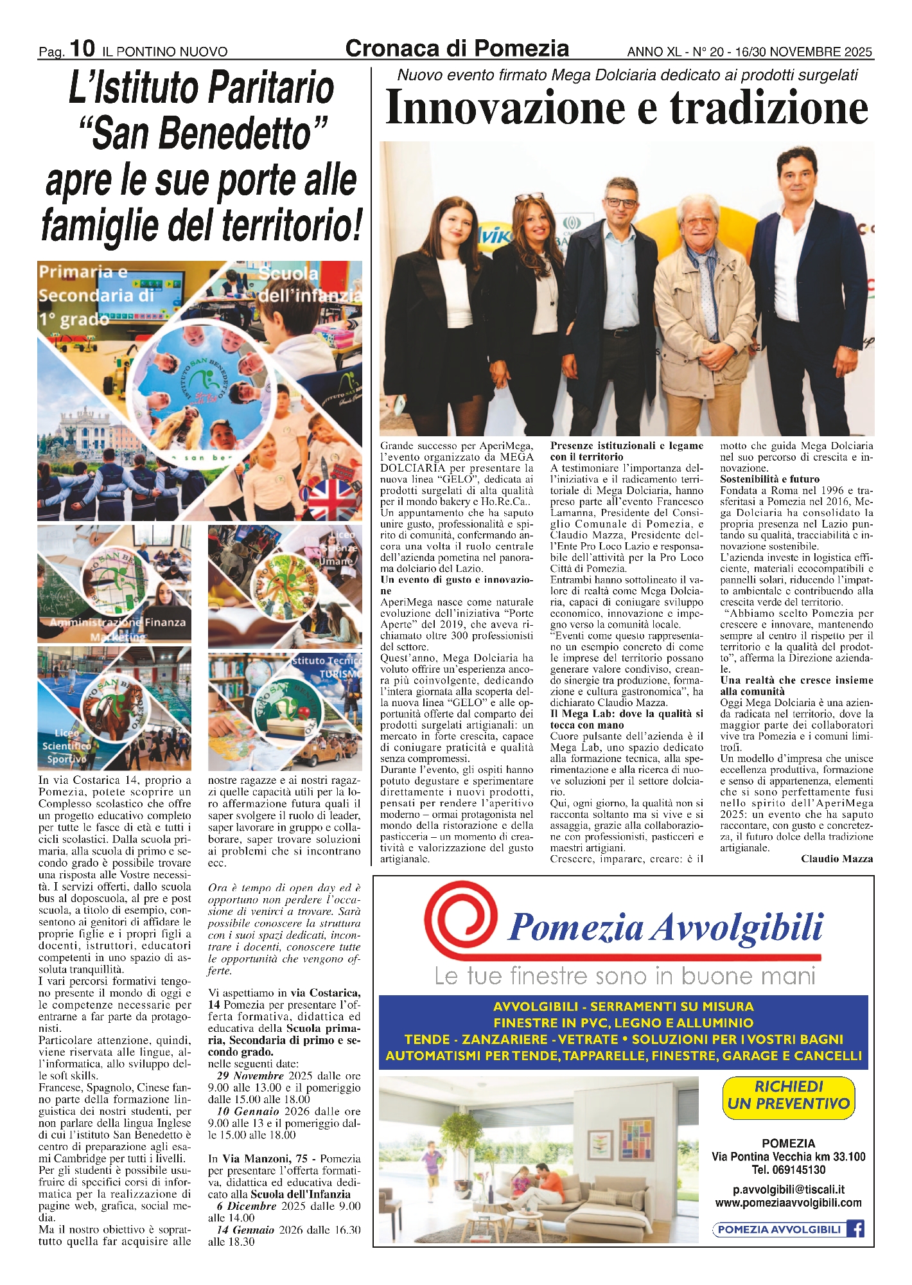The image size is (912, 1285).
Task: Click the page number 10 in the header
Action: pyautogui.click(x=82, y=48)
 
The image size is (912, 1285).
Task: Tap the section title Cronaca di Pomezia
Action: pyautogui.click(x=457, y=48)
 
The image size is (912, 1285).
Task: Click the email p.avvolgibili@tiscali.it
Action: pyautogui.click(x=788, y=1189)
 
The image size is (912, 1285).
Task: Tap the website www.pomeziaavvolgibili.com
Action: pyautogui.click(x=788, y=1202)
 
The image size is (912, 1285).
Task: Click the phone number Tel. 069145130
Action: pyautogui.click(x=788, y=1169)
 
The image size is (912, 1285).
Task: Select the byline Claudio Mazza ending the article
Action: pyautogui.click(x=836, y=859)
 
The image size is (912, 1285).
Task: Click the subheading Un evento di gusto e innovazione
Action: pyautogui.click(x=456, y=585)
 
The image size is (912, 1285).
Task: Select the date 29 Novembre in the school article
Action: pyautogui.click(x=250, y=1076)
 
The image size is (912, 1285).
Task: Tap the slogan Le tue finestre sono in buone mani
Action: pyautogui.click(x=624, y=976)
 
